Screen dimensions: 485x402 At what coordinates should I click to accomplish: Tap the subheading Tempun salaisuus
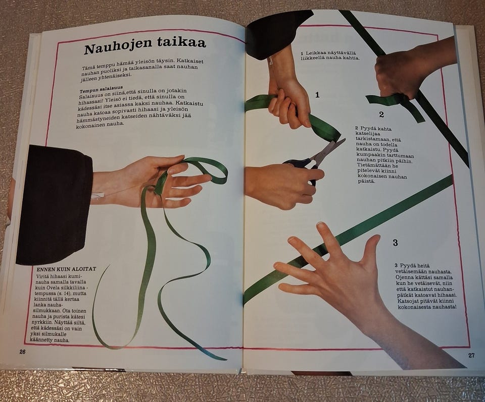point(101,90)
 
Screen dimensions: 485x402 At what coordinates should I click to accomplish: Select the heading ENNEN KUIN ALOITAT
point(66,269)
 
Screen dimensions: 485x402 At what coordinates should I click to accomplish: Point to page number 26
point(22,352)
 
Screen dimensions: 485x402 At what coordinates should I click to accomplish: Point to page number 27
point(471,356)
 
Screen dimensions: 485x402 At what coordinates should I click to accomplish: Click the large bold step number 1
point(317,95)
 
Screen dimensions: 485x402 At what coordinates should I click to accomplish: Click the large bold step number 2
point(381,114)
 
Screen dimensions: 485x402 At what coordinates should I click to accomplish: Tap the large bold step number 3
point(395,243)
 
